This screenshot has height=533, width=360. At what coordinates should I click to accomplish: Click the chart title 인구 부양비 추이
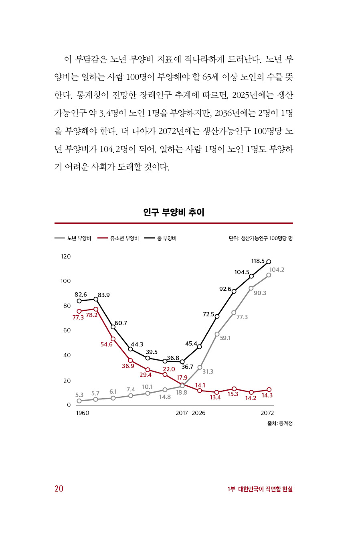(174, 212)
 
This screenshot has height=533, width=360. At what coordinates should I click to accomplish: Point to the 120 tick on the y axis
(66, 257)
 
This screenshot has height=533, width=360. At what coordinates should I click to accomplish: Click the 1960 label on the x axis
(83, 413)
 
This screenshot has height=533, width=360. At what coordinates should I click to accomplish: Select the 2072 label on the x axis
(267, 413)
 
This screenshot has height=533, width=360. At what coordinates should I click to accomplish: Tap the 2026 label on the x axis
(198, 413)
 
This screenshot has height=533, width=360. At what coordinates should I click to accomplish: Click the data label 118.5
(258, 261)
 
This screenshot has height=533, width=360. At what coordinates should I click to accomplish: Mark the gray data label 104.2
(277, 270)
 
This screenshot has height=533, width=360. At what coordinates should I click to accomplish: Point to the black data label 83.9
(104, 295)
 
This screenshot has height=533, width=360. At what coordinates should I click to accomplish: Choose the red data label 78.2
(92, 315)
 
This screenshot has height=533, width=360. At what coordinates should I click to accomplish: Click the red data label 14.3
(267, 395)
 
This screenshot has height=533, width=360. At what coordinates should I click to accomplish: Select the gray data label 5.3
(79, 395)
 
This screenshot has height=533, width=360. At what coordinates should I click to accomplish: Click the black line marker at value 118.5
(269, 262)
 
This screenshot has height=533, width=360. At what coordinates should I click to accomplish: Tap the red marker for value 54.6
(113, 339)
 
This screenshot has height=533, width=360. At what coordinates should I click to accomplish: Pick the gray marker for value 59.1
(217, 334)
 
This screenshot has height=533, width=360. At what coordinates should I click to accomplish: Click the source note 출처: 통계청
(280, 423)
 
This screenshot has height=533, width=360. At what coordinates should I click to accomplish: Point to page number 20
(59, 488)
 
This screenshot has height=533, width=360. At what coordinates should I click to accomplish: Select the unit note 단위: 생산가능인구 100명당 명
(261, 238)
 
